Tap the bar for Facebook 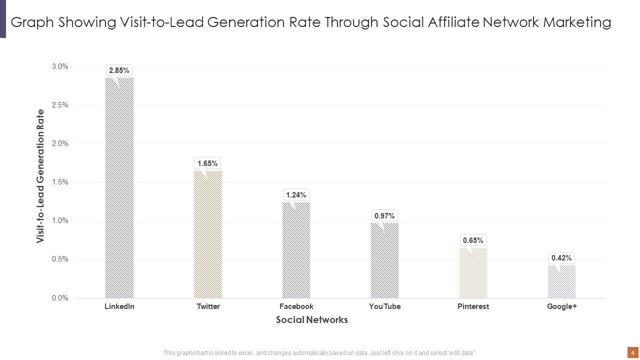pyautogui.click(x=296, y=250)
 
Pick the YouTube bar pyautogui.click(x=384, y=260)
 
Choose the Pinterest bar pyautogui.click(x=473, y=272)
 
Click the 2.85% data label pyautogui.click(x=119, y=70)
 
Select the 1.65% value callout pyautogui.click(x=207, y=163)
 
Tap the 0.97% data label pyautogui.click(x=384, y=216)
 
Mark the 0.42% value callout pyautogui.click(x=561, y=258)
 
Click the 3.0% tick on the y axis pyautogui.click(x=60, y=66)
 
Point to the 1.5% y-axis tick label pyautogui.click(x=60, y=182)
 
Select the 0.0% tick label pyautogui.click(x=60, y=298)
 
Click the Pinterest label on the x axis pyautogui.click(x=473, y=306)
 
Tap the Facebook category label pyautogui.click(x=296, y=306)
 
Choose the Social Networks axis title pyautogui.click(x=311, y=320)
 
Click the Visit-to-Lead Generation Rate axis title pyautogui.click(x=40, y=176)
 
